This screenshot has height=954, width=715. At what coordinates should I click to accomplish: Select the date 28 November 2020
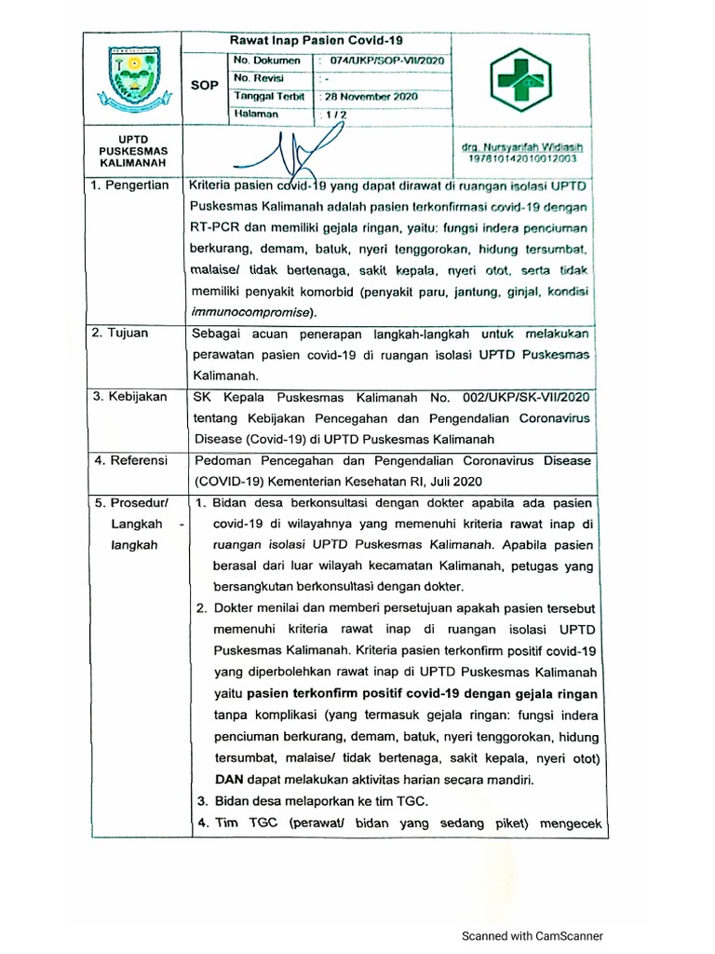point(371,97)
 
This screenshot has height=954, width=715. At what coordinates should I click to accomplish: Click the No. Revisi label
point(261,78)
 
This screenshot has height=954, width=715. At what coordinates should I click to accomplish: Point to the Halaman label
point(257,114)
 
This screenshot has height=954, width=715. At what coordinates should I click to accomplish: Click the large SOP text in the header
point(205,86)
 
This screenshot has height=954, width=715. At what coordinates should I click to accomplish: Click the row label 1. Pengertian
point(129,185)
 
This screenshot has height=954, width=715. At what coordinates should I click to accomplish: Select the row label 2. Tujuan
point(121,333)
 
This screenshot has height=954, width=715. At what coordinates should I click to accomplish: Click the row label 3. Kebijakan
point(129,397)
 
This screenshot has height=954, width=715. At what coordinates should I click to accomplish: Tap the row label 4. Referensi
point(129,460)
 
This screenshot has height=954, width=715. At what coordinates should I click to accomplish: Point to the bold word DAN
point(230,780)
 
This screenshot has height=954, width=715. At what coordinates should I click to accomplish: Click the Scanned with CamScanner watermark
point(533,936)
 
